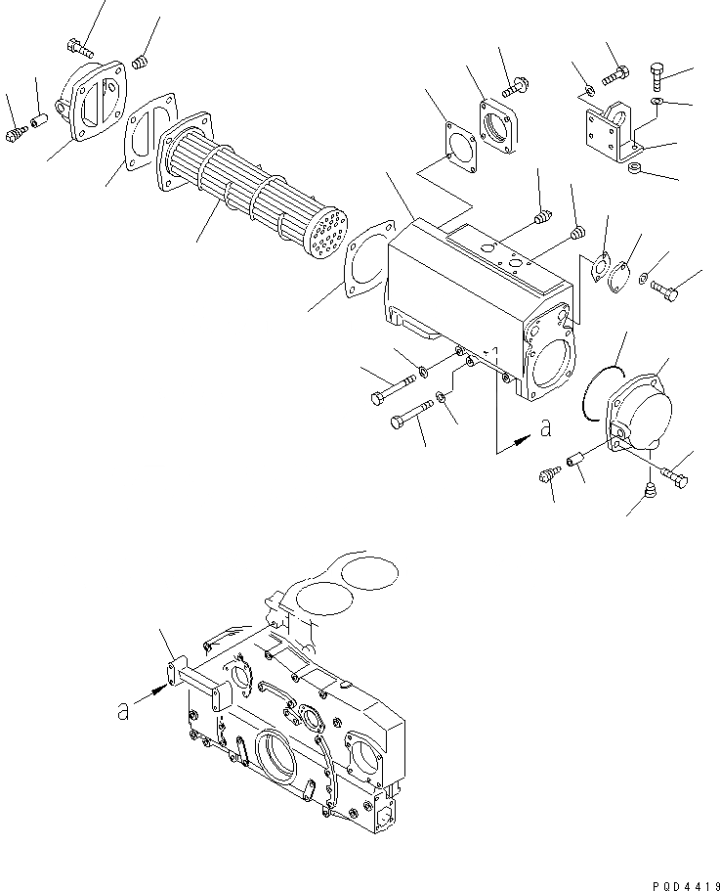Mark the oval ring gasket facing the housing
point(362,258)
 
